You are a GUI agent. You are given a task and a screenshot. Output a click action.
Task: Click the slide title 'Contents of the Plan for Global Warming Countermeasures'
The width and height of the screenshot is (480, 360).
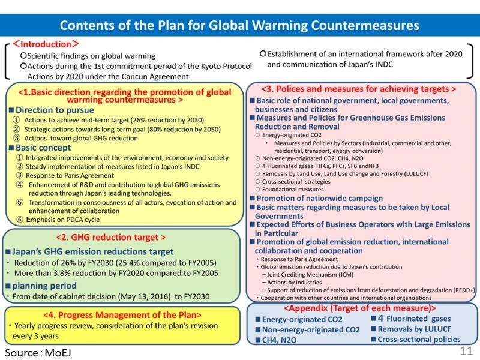(x=240, y=26)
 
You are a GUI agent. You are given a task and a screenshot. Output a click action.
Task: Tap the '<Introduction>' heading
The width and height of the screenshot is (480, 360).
(x=46, y=44)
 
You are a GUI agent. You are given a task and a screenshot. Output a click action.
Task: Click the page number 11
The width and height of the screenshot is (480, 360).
(x=466, y=350)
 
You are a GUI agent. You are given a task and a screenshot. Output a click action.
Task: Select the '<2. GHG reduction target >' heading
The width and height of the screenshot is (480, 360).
(x=120, y=236)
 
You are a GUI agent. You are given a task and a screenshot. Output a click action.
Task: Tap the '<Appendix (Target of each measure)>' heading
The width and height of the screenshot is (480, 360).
(x=362, y=308)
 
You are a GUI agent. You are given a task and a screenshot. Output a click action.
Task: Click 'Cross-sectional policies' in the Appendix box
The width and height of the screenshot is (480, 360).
(x=419, y=340)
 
